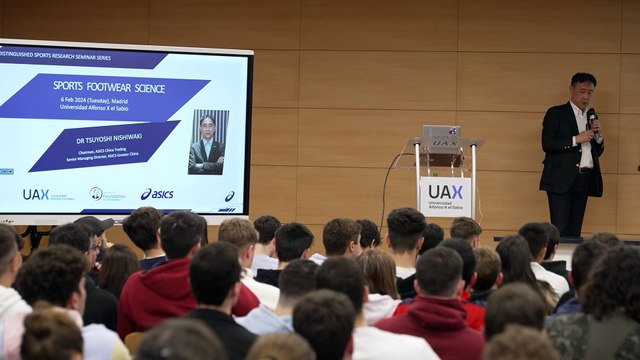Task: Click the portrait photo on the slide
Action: click(208, 142)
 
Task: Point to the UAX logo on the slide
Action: click(36, 194)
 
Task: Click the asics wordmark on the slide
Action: click(157, 194)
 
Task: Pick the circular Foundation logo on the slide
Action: click(96, 193)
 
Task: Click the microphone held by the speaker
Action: click(591, 119)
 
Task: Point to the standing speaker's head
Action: click(583, 88)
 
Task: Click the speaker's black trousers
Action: click(568, 210)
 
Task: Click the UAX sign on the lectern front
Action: click(445, 194)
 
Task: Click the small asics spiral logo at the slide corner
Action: click(229, 197)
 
